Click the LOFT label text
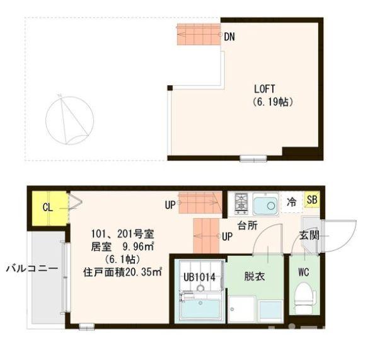coord(265,89)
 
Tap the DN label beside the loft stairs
coord(229,37)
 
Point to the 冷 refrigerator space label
coord(292,203)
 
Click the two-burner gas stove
coord(241,203)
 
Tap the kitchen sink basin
coord(266,204)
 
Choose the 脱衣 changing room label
coord(255,275)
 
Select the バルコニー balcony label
coord(32,268)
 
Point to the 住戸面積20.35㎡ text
coord(124,272)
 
